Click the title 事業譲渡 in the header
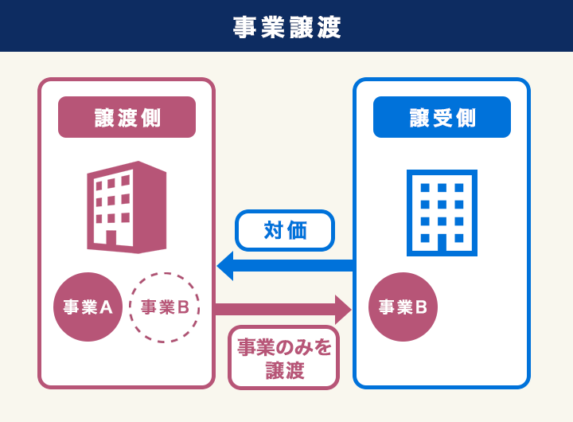(x=286, y=27)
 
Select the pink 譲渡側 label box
(x=127, y=118)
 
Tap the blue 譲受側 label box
(x=442, y=118)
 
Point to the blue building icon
(x=442, y=212)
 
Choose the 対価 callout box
(x=285, y=230)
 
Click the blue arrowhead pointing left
(x=226, y=265)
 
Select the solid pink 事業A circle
(x=88, y=307)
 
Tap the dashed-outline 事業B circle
(x=163, y=307)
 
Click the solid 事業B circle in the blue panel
(x=403, y=307)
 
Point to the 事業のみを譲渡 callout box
(x=284, y=358)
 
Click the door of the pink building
(x=111, y=237)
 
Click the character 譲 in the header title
(x=300, y=27)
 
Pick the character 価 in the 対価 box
(x=297, y=230)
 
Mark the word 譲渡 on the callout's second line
(x=284, y=370)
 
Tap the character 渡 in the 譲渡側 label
(x=127, y=118)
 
